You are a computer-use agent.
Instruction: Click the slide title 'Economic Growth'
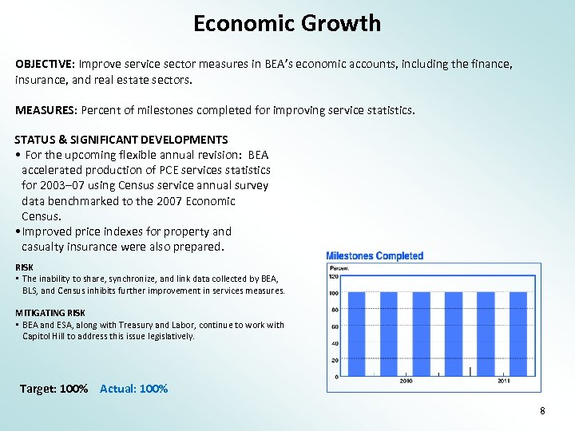point(287,23)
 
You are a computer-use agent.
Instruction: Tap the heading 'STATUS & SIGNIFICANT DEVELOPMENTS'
point(121,140)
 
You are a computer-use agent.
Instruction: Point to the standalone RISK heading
point(24,267)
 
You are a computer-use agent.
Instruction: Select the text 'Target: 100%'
point(54,389)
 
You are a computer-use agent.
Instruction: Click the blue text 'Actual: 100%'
point(133,389)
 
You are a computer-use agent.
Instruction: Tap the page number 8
point(542,411)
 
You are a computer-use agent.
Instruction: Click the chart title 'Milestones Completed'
point(375,256)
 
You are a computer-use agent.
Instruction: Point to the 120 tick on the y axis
point(335,275)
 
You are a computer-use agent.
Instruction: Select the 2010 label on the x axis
point(406,382)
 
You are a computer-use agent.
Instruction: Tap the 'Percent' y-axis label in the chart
point(339,268)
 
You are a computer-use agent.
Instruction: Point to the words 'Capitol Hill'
point(45,336)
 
